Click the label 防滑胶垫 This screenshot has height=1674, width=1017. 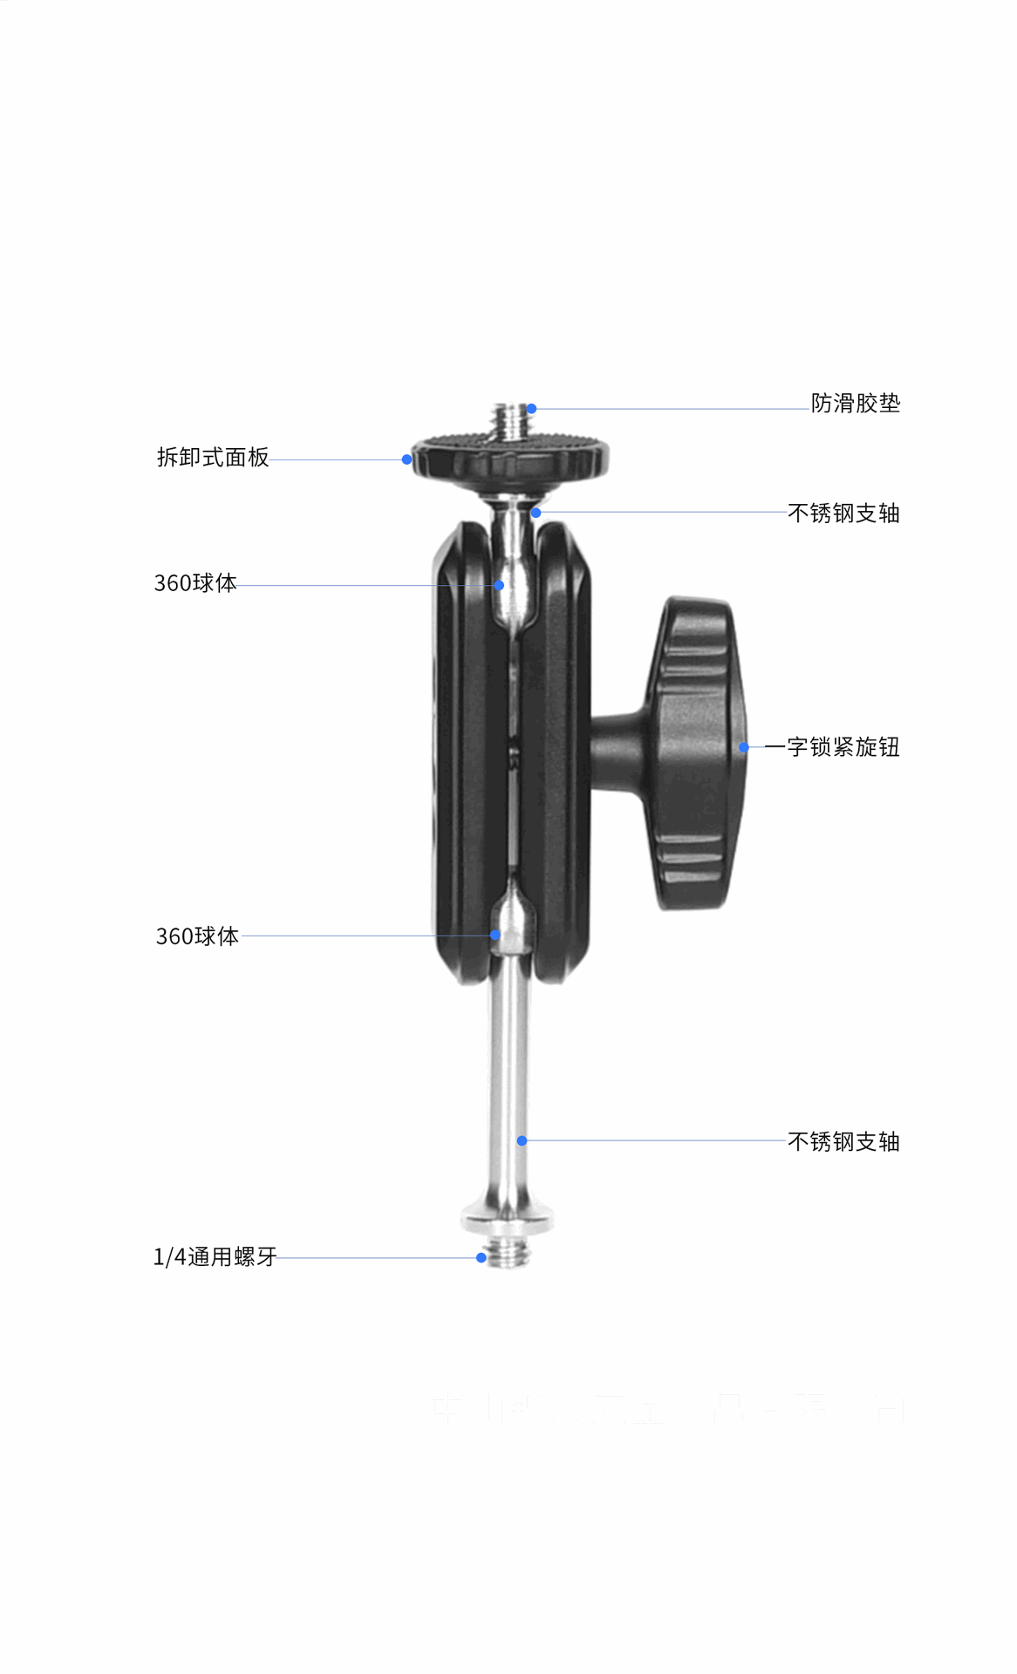tap(855, 404)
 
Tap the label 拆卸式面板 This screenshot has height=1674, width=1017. tap(213, 458)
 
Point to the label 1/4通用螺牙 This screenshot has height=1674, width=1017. tap(215, 1256)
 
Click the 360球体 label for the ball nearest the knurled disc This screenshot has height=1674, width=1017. tap(195, 583)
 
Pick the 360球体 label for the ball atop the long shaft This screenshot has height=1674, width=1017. tap(197, 936)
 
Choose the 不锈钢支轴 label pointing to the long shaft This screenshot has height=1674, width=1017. tap(843, 1141)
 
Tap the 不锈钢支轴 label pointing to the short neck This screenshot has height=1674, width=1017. tap(843, 514)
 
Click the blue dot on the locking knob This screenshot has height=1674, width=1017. tap(743, 747)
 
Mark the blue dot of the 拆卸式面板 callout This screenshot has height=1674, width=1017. tap(406, 459)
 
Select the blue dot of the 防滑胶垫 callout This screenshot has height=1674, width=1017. tap(531, 408)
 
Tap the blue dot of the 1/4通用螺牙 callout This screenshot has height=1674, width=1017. tap(481, 1257)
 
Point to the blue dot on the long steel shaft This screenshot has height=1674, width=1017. tap(522, 1140)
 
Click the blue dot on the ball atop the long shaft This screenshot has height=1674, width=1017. tap(495, 936)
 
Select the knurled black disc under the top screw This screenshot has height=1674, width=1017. tap(510, 458)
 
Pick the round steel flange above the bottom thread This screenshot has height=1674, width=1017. tap(507, 1218)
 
